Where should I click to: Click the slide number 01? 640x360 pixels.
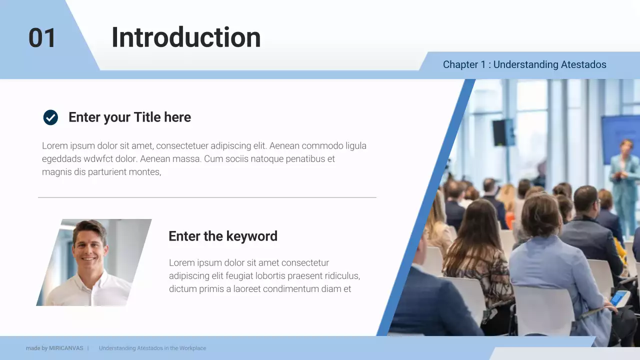click(x=42, y=38)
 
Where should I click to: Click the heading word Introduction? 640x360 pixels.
click(x=186, y=37)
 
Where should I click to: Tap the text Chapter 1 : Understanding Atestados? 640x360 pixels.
click(x=524, y=64)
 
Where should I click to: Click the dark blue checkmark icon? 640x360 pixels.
click(x=50, y=117)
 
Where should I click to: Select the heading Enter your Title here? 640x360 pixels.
click(x=129, y=117)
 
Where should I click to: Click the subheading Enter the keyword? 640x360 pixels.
click(x=223, y=236)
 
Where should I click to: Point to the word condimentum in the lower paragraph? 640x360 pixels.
click(x=292, y=289)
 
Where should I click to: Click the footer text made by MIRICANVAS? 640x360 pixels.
click(x=54, y=348)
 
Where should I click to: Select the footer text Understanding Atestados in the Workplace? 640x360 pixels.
click(x=152, y=348)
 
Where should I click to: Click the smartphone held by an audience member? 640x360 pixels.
click(x=619, y=298)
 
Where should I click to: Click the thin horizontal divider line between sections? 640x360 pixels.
click(x=207, y=197)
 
